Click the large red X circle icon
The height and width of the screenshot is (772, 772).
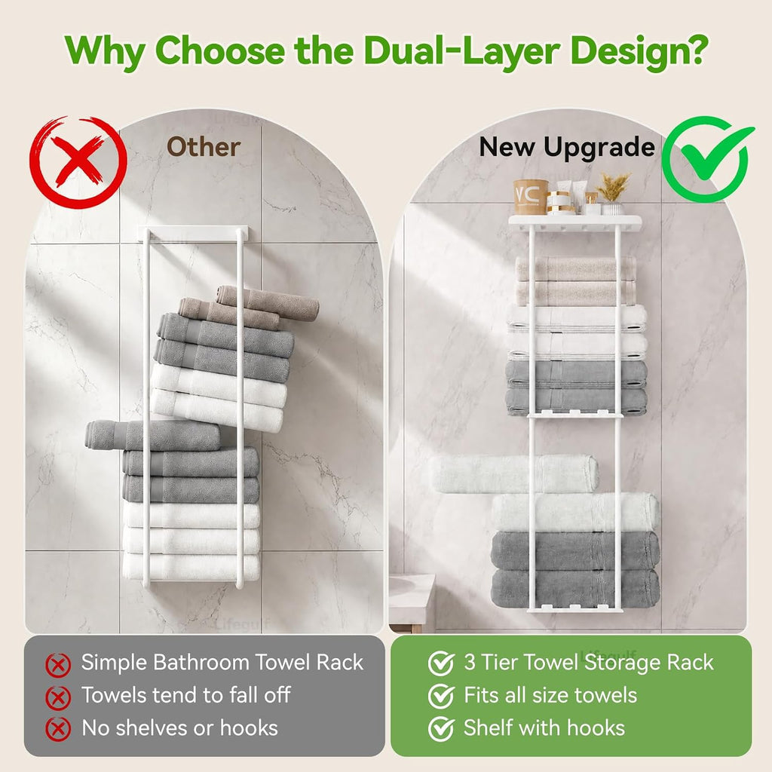[78, 163]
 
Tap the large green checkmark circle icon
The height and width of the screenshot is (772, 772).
[707, 158]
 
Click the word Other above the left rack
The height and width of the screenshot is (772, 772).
[204, 147]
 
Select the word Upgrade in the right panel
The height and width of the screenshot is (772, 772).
[599, 148]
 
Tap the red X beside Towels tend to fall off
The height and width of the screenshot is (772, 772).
[58, 697]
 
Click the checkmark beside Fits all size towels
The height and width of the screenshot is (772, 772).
[441, 696]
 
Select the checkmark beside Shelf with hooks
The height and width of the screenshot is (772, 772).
[441, 729]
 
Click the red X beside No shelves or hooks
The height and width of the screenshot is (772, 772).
[58, 730]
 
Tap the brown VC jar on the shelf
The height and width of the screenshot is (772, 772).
[531, 197]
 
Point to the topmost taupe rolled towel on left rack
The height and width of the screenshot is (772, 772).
[268, 302]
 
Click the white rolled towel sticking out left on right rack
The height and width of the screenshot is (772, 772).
[514, 473]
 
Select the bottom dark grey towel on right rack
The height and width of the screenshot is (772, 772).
[575, 589]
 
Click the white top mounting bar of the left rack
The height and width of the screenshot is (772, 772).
[193, 234]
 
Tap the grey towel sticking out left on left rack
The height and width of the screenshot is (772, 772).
[152, 435]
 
